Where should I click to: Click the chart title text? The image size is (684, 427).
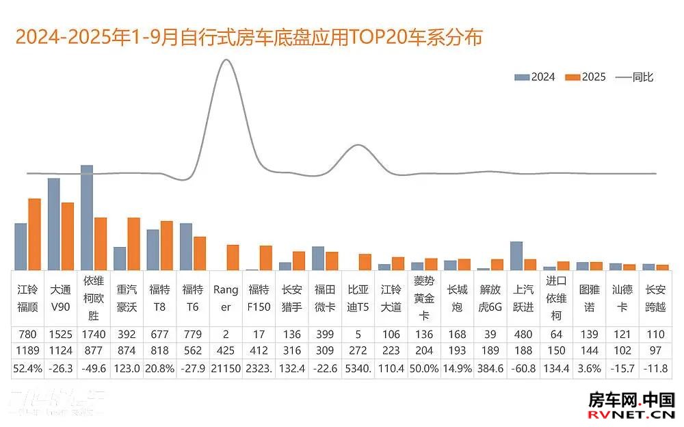coord(249,37)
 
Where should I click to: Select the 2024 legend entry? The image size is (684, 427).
coord(535,77)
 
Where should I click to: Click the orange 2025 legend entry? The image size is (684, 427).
coord(586,77)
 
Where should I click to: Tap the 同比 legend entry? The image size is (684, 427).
coord(635,77)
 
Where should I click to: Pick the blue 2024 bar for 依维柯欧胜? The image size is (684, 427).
coord(87,217)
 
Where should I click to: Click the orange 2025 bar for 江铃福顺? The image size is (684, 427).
coord(34,234)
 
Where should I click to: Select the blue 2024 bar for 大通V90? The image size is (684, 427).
coord(54,224)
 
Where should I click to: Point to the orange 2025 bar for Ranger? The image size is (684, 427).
coord(233,257)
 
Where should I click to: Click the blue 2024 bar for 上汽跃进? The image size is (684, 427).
coord(516,255)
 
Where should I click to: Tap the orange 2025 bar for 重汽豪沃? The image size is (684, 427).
coord(133,244)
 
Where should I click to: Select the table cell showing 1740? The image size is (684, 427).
coord(94,335)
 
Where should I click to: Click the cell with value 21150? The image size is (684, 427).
coord(226,368)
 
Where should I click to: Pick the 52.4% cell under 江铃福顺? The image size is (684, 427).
coord(28,368)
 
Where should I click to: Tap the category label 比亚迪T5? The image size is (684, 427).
coord(358,298)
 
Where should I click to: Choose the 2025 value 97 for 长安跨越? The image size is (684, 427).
coord(655,352)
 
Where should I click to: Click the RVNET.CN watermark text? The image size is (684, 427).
coord(632,414)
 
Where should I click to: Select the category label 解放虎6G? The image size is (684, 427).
coord(490,298)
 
